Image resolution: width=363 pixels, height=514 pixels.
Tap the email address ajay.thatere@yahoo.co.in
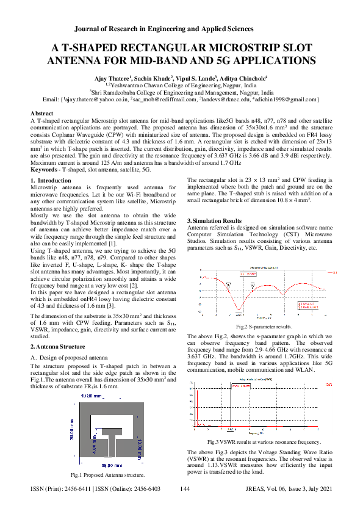pyautogui.click(x=95, y=99)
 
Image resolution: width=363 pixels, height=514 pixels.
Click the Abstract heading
pyautogui.click(x=42, y=114)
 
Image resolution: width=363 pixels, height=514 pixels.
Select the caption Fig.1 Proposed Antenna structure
pyautogui.click(x=107, y=474)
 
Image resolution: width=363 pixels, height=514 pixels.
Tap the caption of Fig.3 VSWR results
pyautogui.click(x=264, y=441)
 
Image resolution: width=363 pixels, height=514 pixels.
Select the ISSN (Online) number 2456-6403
pyautogui.click(x=142, y=490)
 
